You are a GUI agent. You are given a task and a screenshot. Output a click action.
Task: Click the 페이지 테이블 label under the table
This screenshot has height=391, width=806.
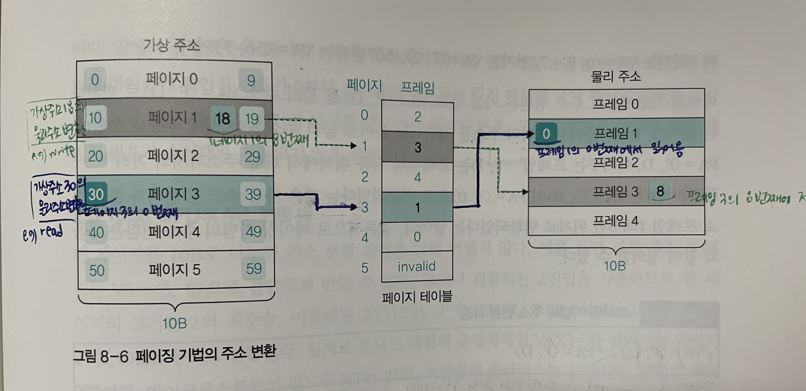tap(417, 296)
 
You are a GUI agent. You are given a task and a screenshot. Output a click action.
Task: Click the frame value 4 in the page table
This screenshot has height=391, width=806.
tap(417, 177)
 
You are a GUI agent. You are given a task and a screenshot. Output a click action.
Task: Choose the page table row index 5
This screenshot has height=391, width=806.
tap(364, 268)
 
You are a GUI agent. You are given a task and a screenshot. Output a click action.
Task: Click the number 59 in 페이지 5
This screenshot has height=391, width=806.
tap(254, 269)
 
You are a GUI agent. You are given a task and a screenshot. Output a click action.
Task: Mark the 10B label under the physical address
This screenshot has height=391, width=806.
tap(615, 266)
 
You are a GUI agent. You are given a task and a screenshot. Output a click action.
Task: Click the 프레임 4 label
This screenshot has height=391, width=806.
tap(615, 221)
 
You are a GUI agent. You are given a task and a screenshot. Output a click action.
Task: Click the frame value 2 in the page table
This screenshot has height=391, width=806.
tap(417, 117)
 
